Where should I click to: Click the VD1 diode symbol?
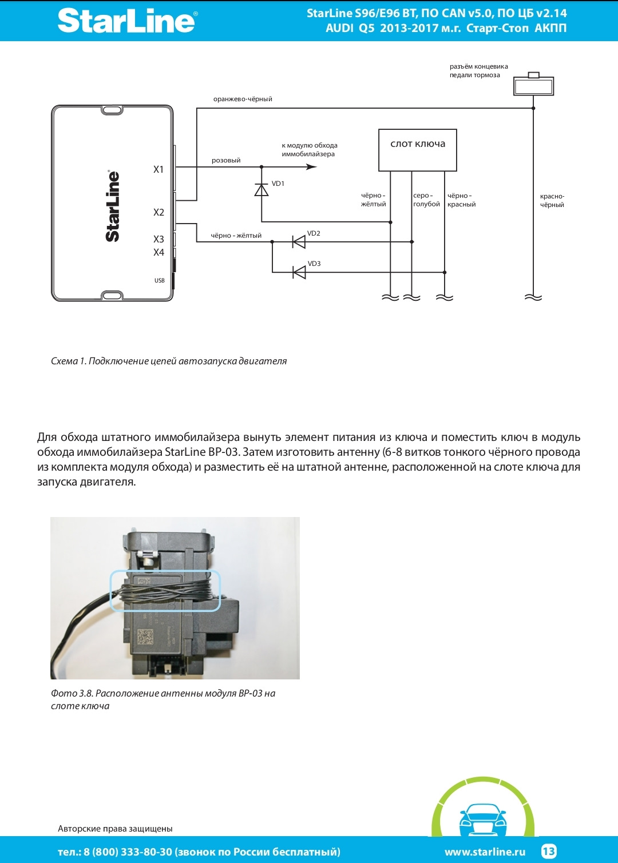pos(262,190)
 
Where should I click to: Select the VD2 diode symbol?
pos(299,242)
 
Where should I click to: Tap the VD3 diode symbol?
pos(299,272)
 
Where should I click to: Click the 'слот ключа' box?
pos(418,150)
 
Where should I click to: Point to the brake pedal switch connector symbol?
pos(533,85)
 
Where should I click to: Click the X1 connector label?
pos(159,169)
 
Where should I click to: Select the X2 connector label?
pos(159,212)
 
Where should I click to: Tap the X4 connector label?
pos(159,252)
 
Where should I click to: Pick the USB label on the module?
pos(159,280)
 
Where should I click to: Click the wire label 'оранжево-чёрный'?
pos(243,99)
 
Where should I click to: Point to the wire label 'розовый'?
pos(226,160)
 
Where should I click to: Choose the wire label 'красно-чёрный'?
pos(552,200)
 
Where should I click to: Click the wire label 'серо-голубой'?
pos(426,200)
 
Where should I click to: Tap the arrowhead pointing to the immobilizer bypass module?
pos(311,167)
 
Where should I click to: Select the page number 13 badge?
pos(548,851)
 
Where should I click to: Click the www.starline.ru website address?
pos(485,852)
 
